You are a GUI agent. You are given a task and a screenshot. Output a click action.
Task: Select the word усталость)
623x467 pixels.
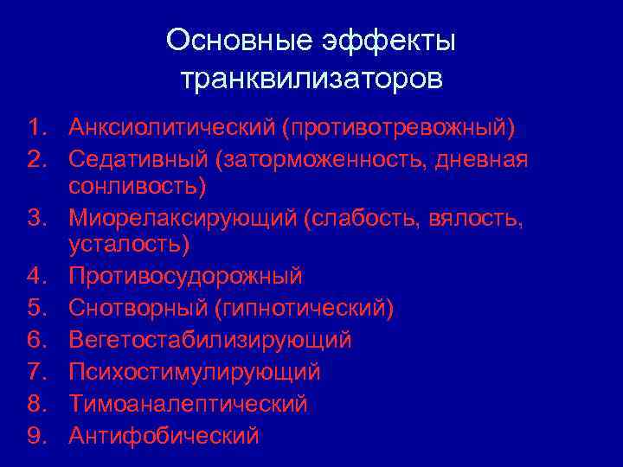tap(131, 245)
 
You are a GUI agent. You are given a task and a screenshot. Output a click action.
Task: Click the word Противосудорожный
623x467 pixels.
tap(186, 277)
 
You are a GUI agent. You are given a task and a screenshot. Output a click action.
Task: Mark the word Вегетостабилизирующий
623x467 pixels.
tap(210, 340)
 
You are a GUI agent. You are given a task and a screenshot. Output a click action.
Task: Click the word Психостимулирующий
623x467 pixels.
tap(195, 372)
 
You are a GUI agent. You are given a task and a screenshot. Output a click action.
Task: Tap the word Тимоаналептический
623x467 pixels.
tap(188, 403)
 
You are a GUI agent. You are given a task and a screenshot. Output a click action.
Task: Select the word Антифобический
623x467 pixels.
tap(164, 435)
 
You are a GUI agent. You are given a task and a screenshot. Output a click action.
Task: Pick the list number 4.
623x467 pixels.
tap(35, 277)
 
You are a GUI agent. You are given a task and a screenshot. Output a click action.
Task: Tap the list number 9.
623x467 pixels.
tap(35, 435)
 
